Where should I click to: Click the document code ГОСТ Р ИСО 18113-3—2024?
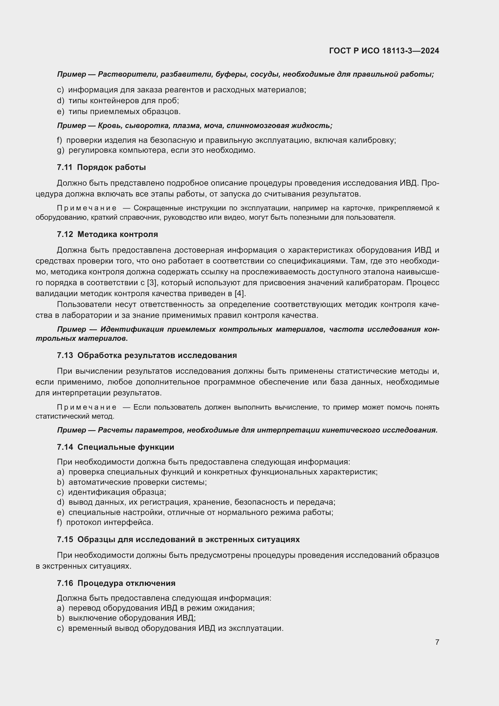[384, 51]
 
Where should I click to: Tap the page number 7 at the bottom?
[437, 642]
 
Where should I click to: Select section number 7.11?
[65, 167]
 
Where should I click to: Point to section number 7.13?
[65, 355]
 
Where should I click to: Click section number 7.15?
[65, 539]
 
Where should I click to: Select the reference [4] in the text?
[240, 293]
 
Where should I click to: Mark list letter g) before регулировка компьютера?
[61, 150]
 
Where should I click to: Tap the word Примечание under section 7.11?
[87, 208]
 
